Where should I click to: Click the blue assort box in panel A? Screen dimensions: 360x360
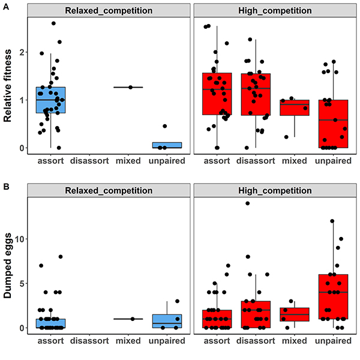pos(51,100)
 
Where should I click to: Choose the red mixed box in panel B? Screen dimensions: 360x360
pos(294,314)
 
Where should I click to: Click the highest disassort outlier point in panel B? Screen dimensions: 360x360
pos(247,203)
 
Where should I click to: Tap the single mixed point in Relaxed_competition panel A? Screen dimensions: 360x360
pos(130,87)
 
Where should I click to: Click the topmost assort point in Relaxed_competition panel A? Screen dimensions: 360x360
pos(53,23)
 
